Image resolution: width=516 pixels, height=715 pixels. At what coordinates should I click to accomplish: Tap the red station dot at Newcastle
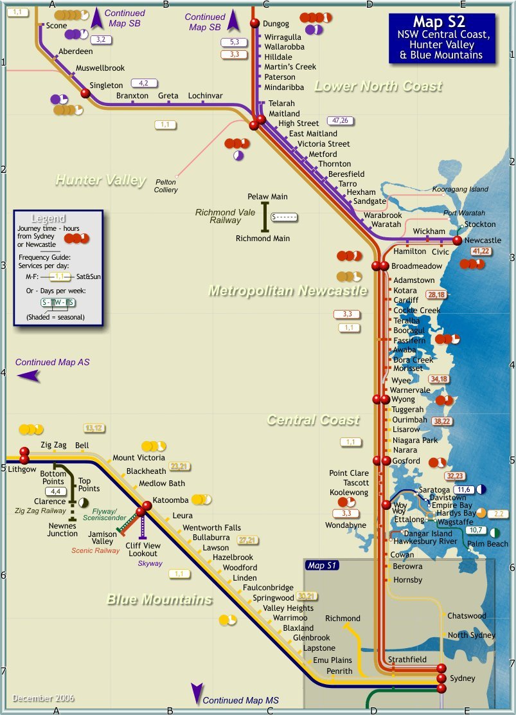tap(457, 240)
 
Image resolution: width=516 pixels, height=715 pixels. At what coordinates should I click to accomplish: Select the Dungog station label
tap(278, 24)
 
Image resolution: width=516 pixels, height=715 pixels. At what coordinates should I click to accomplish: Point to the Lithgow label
tap(22, 470)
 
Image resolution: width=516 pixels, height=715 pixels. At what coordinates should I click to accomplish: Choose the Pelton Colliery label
tap(166, 186)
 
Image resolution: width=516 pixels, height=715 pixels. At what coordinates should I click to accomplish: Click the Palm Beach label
tap(488, 544)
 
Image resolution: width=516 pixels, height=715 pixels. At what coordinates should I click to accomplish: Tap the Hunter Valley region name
tap(100, 181)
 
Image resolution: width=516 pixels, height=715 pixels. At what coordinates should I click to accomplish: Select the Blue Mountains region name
tap(159, 600)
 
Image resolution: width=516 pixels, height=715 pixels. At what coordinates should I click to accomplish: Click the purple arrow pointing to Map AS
tap(28, 376)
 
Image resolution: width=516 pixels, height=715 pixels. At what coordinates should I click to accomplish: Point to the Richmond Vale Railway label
tap(218, 216)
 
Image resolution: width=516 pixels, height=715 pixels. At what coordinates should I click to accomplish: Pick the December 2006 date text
tap(43, 698)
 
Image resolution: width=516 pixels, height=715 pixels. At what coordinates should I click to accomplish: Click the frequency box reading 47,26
tap(341, 120)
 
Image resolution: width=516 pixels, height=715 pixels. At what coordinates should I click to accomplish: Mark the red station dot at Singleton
tap(85, 93)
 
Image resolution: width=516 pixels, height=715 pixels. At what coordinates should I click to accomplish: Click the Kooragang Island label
tap(460, 190)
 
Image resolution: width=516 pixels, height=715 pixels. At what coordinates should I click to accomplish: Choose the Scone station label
tap(57, 26)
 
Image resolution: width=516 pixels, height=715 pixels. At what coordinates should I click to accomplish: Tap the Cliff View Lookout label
tap(143, 550)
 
